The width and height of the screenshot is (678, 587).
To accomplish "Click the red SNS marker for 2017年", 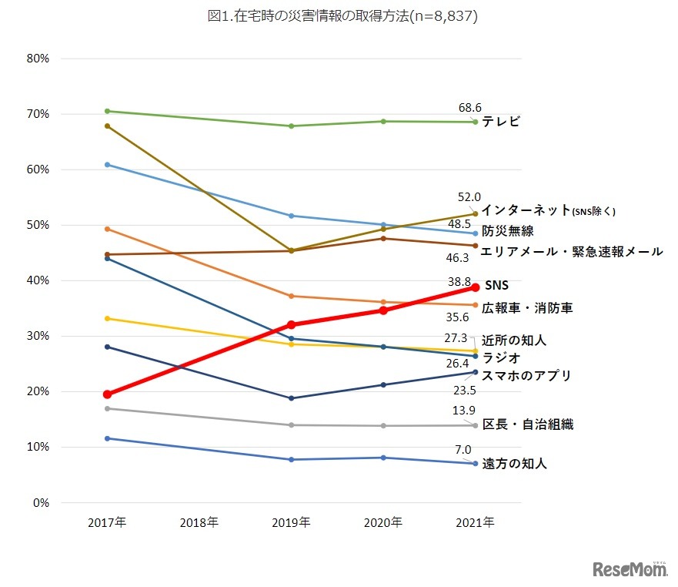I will point(107,394).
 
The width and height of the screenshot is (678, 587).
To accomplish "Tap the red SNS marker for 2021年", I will point(476,287).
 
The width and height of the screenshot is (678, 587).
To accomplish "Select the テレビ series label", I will point(501,122).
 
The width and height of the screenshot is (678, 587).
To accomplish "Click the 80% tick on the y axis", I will point(38,59).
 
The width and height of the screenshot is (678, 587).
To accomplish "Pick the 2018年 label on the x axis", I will point(199,522).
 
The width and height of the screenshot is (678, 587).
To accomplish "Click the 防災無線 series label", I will point(508,230).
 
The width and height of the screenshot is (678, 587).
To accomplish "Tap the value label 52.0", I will point(468,197).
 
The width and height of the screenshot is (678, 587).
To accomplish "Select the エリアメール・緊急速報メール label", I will point(571,251).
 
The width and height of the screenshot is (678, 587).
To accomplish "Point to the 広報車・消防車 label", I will point(527,307).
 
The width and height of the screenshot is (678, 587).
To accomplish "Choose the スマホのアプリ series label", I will point(526,375).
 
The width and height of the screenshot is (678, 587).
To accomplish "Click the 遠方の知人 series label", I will point(514,464).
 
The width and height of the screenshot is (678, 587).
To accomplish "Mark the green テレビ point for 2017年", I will point(107,111).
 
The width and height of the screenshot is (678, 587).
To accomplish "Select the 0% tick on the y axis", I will point(40,502).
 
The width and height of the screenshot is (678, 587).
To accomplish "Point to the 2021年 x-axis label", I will point(476,522).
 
